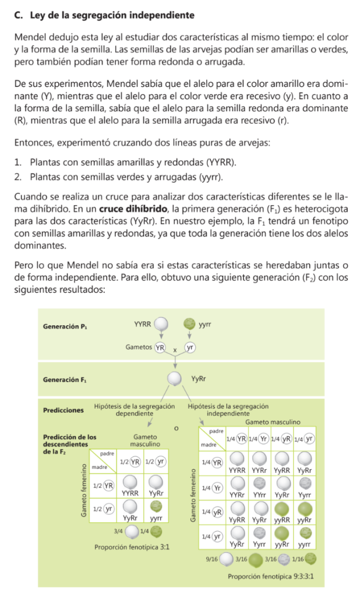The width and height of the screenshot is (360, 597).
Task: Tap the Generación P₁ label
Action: coord(65,327)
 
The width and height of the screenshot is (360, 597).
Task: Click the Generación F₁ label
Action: coord(65,380)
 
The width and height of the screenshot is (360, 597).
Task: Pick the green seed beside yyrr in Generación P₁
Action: coord(189,322)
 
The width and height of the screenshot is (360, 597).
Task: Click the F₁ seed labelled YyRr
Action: coord(175,380)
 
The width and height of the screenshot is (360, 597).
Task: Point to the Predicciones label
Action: coord(63,410)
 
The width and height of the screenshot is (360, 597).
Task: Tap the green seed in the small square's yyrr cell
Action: coord(156,506)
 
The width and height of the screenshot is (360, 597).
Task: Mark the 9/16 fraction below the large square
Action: coord(211,559)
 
